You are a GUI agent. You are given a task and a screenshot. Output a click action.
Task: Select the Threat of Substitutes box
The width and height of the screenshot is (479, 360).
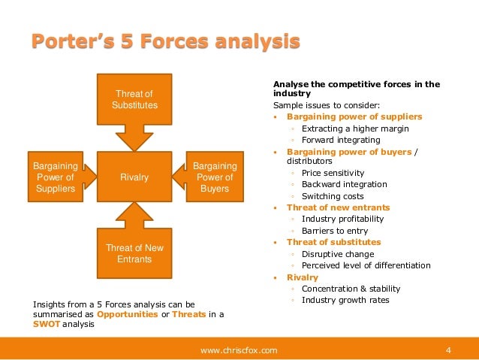pyautogui.click(x=134, y=99)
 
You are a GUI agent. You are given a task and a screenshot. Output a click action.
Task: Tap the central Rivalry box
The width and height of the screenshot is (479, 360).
pyautogui.click(x=134, y=177)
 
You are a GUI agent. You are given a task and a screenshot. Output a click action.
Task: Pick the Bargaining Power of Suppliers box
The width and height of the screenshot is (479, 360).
pyautogui.click(x=55, y=177)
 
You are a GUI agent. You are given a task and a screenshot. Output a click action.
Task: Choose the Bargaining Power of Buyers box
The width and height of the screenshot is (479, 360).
pyautogui.click(x=215, y=177)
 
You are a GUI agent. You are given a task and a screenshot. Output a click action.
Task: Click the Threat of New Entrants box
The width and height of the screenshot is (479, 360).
pyautogui.click(x=134, y=253)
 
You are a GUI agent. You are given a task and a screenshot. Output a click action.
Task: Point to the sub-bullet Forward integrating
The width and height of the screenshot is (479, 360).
pyautogui.click(x=341, y=140)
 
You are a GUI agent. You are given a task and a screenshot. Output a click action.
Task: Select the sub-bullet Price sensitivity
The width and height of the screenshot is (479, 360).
pyautogui.click(x=334, y=172)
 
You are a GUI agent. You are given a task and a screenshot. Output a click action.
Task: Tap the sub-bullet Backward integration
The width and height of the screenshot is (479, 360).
pyautogui.click(x=344, y=184)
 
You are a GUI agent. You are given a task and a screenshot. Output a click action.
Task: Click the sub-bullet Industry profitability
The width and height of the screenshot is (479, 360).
pyautogui.click(x=342, y=219)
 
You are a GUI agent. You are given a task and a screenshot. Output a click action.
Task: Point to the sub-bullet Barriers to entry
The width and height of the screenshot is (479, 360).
pyautogui.click(x=336, y=231)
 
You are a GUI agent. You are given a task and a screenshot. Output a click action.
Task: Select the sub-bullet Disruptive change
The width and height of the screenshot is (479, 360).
pyautogui.click(x=337, y=254)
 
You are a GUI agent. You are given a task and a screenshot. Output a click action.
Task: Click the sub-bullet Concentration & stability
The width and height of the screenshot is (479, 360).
pyautogui.click(x=351, y=289)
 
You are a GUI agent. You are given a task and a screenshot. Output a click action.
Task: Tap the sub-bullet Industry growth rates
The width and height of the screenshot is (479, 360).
pyautogui.click(x=345, y=300)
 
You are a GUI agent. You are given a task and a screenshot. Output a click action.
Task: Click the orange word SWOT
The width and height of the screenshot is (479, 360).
pyautogui.click(x=44, y=325)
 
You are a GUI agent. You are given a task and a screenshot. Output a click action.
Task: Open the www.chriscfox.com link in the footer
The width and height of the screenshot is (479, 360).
pyautogui.click(x=239, y=349)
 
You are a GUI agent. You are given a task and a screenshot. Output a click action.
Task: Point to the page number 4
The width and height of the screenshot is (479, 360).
pyautogui.click(x=448, y=349)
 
